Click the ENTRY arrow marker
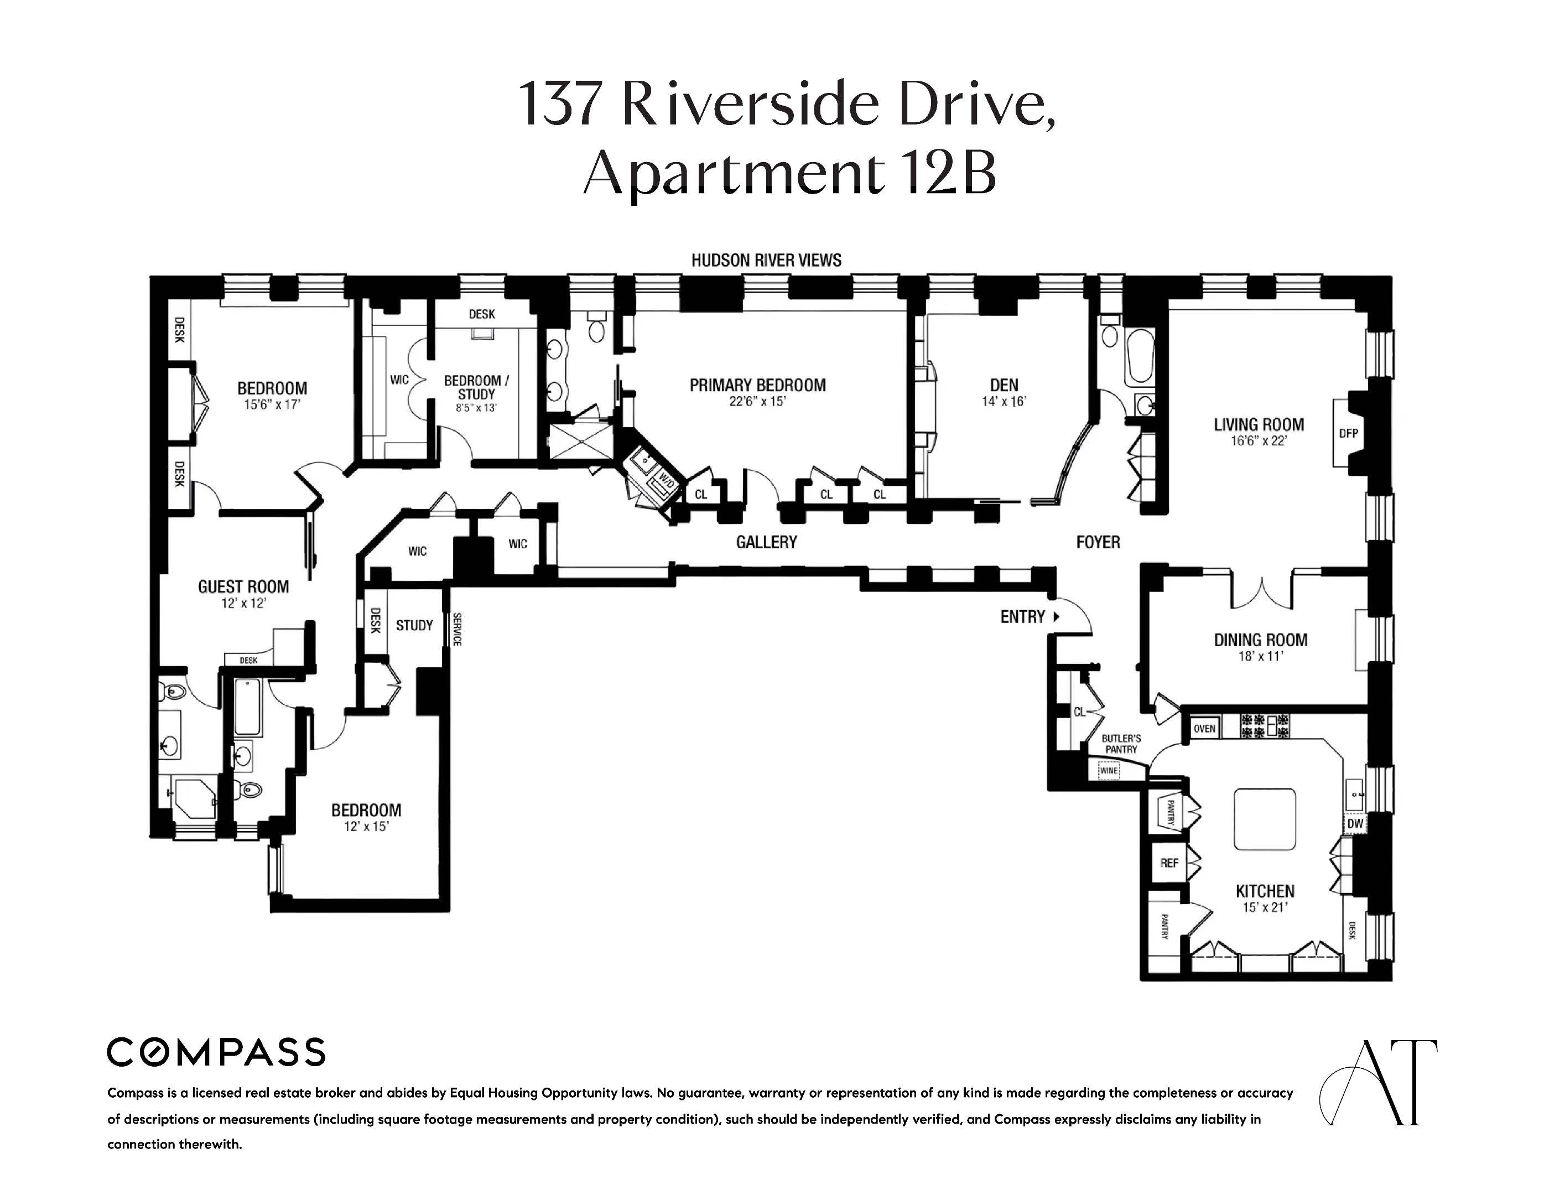coord(1057,617)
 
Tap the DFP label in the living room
coord(1349,433)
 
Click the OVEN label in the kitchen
coord(1205,728)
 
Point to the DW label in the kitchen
coord(1355,824)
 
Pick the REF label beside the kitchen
coord(1169,863)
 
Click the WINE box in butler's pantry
coord(1109,770)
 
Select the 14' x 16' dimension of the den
coord(1004,402)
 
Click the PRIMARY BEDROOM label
coord(757,386)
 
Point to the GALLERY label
coord(766,542)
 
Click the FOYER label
coord(1098,542)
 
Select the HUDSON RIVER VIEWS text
coord(766,260)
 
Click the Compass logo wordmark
coord(216,1052)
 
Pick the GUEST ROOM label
coord(243,587)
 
